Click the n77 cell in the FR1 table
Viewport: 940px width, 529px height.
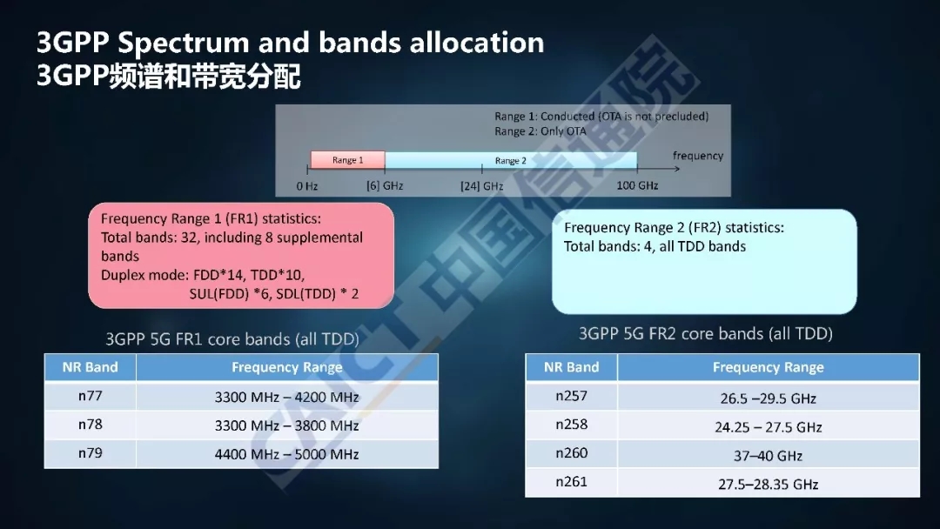[x=90, y=396]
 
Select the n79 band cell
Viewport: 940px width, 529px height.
[x=90, y=453]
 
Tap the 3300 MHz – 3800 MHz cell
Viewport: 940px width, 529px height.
[x=287, y=425]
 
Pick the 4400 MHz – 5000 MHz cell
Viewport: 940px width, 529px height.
[x=287, y=454]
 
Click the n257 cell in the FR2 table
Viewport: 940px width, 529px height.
[x=571, y=396]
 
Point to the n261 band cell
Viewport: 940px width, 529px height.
[x=571, y=482]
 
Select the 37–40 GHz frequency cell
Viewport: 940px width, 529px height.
[x=768, y=455]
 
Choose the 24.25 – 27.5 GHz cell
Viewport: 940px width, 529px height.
[x=768, y=426]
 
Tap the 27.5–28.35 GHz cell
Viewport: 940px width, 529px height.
[x=768, y=484]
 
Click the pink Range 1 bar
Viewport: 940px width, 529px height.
[x=347, y=160]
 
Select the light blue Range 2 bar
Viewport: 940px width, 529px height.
[x=511, y=160]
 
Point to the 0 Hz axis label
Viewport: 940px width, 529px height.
[x=307, y=186]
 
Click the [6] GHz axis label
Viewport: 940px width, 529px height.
[x=385, y=186]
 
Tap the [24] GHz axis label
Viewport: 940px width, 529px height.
[x=482, y=186]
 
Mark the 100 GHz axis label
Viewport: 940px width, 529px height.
[x=637, y=185]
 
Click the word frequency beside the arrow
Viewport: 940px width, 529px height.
[x=698, y=156]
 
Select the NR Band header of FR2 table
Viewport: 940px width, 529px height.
[x=571, y=367]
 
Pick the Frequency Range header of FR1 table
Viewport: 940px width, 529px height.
[x=287, y=367]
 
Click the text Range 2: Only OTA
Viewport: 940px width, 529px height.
[x=540, y=131]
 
